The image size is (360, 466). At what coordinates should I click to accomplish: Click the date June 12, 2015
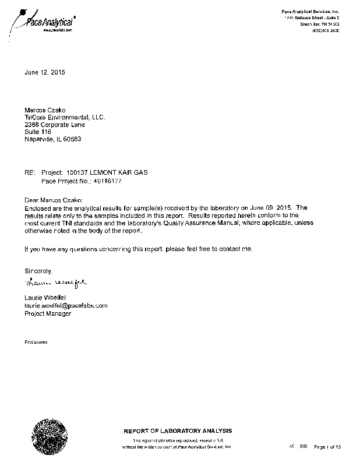click(45, 73)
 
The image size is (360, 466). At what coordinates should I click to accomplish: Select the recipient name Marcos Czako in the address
click(45, 110)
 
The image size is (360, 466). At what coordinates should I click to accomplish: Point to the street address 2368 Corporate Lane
click(54, 125)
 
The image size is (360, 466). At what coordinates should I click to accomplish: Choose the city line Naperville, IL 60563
click(52, 139)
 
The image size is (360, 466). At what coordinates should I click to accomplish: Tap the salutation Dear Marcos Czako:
click(54, 200)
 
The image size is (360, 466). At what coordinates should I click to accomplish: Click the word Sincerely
click(38, 271)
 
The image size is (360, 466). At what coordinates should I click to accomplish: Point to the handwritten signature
click(55, 284)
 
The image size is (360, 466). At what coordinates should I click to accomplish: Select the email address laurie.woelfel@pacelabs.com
click(65, 306)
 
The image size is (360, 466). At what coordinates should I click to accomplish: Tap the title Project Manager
click(47, 313)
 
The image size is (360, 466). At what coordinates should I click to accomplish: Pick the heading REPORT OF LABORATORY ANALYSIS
click(177, 431)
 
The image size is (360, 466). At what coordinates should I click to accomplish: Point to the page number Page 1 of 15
click(327, 447)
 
